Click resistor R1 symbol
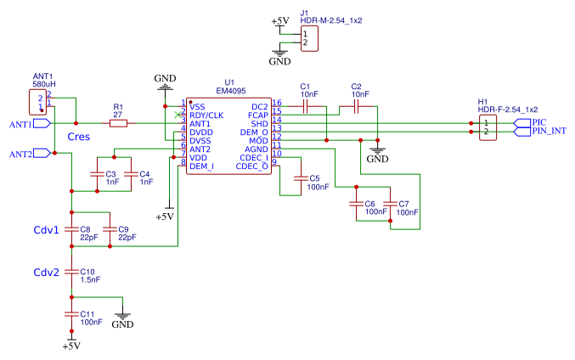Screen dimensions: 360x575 (118, 123)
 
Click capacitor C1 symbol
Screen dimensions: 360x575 (306, 107)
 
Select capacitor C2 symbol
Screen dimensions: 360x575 (357, 107)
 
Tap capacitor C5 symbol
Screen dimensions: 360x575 (299, 178)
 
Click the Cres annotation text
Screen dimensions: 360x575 (79, 137)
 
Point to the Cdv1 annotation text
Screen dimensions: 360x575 (46, 230)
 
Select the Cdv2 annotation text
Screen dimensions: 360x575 (46, 273)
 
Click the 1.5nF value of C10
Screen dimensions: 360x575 (91, 278)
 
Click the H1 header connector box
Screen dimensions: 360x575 (488, 127)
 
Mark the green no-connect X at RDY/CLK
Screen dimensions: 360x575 (178, 115)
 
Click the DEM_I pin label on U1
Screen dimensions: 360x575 (201, 166)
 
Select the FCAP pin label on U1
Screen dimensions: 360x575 (257, 115)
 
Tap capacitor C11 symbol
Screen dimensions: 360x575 (71, 314)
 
